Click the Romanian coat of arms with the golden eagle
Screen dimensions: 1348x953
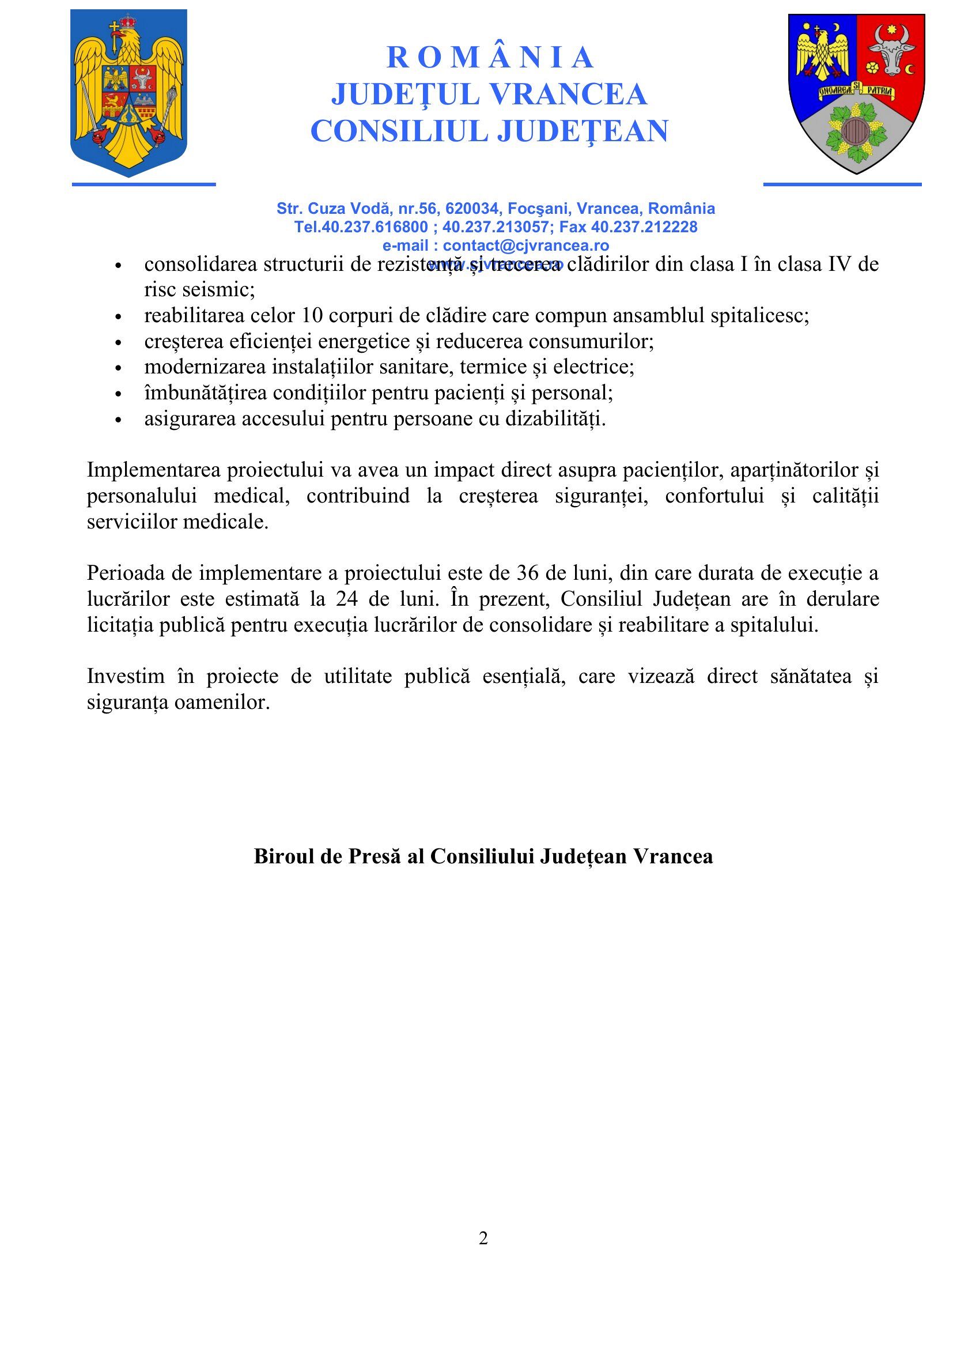point(128,92)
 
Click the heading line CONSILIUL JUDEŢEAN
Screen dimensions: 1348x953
point(489,131)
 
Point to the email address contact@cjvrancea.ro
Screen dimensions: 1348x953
point(525,246)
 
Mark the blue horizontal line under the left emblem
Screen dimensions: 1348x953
point(144,184)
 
